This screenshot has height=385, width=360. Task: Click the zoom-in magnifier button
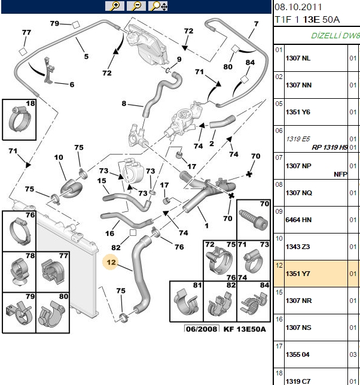click(115, 6)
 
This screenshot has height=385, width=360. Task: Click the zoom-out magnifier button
click(136, 6)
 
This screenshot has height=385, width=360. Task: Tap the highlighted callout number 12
click(111, 262)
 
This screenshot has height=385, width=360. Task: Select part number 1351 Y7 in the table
click(298, 274)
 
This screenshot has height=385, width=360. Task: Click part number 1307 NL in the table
click(298, 58)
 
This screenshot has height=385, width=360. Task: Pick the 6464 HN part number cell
click(298, 220)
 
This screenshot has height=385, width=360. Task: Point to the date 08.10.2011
click(298, 7)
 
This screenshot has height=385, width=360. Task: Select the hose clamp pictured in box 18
click(20, 119)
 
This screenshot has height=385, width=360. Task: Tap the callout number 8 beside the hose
click(124, 104)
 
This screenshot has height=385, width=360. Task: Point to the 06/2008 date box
click(202, 329)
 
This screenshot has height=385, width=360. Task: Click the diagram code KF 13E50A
click(245, 329)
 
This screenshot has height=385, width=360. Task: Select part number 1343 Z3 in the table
click(297, 247)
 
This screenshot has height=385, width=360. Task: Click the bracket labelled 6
click(49, 71)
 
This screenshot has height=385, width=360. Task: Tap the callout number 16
click(109, 234)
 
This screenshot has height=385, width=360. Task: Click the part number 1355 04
click(297, 354)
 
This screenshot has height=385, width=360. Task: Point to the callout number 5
click(86, 56)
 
